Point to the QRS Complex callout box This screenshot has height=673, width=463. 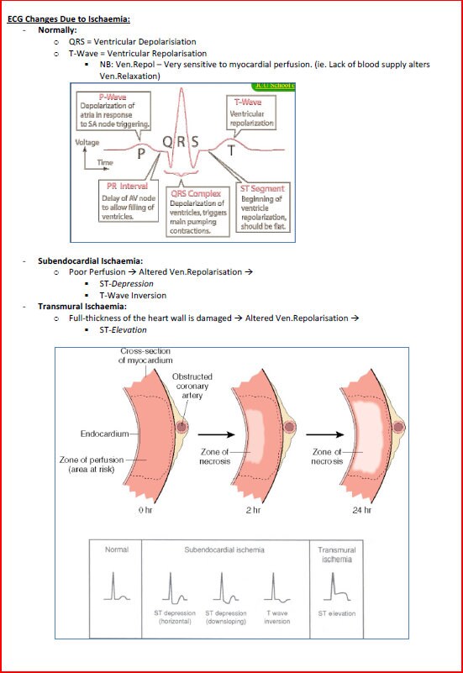point(197,212)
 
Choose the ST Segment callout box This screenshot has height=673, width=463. point(262,206)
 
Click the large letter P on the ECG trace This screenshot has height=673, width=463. point(141,154)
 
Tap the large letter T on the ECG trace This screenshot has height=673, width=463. point(232,152)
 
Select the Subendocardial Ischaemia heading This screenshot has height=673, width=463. point(90,260)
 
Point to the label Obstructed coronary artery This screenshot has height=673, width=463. point(192,386)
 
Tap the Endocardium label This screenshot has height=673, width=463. point(105,434)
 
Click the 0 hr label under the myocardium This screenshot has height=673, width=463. point(145,509)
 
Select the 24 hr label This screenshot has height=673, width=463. point(363,509)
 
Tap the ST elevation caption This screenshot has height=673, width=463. point(336,613)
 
